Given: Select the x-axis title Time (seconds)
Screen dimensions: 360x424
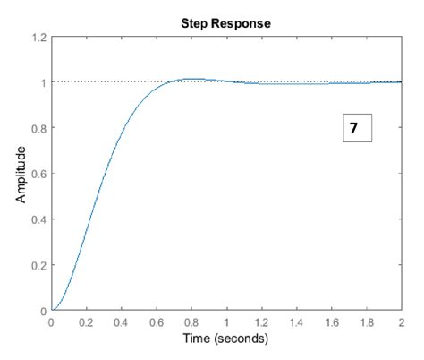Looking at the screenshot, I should tap(226, 340).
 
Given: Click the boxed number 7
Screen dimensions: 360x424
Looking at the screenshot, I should tap(355, 128).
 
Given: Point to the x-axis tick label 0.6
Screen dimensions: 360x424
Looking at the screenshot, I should tap(157, 323).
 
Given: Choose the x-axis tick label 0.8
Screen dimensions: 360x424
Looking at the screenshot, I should tap(191, 323).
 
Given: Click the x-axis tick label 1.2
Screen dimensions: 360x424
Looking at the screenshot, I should tap(261, 323).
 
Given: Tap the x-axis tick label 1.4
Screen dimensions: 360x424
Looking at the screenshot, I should tap(296, 323).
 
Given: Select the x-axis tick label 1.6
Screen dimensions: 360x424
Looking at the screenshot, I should tap(331, 323).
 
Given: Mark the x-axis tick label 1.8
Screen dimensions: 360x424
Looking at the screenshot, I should tap(366, 323).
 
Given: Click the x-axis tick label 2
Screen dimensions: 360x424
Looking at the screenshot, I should tap(401, 323).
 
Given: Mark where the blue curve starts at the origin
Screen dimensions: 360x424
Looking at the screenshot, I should tap(53, 311).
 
